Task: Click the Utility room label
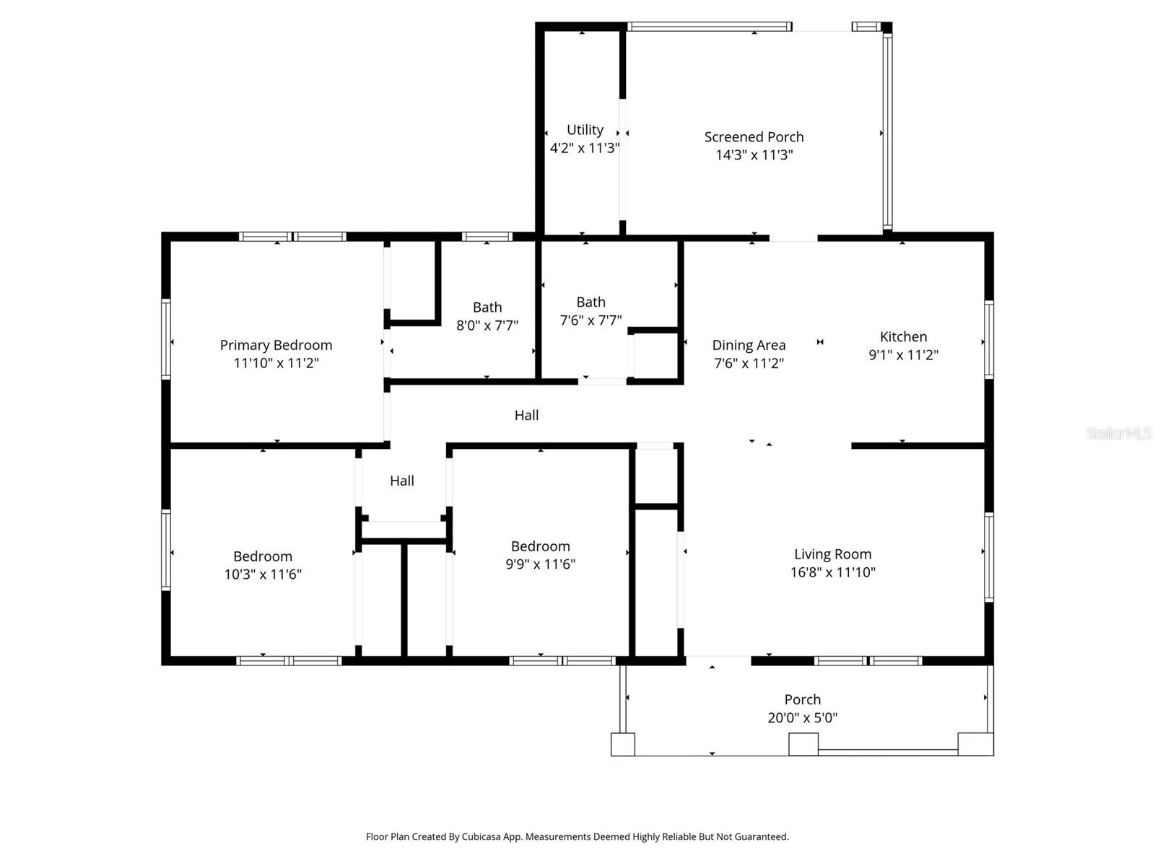[x=585, y=130]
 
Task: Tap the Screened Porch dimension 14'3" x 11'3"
[x=754, y=155]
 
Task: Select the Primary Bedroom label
[x=276, y=345]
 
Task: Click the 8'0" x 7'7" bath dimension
[x=487, y=325]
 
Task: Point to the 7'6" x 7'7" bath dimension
[x=590, y=320]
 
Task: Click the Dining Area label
[x=749, y=345]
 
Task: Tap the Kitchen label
[x=903, y=336]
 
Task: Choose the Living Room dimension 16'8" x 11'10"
[x=832, y=572]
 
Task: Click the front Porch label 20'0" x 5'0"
[x=802, y=708]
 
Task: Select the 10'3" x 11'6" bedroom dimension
[x=263, y=574]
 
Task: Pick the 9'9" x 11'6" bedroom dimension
[x=540, y=564]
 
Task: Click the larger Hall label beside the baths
[x=526, y=415]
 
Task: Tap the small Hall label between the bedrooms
[x=401, y=481]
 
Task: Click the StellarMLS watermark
[x=1118, y=433]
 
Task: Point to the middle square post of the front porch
[x=803, y=744]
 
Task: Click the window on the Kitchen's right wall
[x=989, y=340]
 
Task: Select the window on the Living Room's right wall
[x=989, y=556]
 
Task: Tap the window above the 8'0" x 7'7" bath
[x=487, y=237]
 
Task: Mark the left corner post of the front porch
[x=622, y=744]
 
